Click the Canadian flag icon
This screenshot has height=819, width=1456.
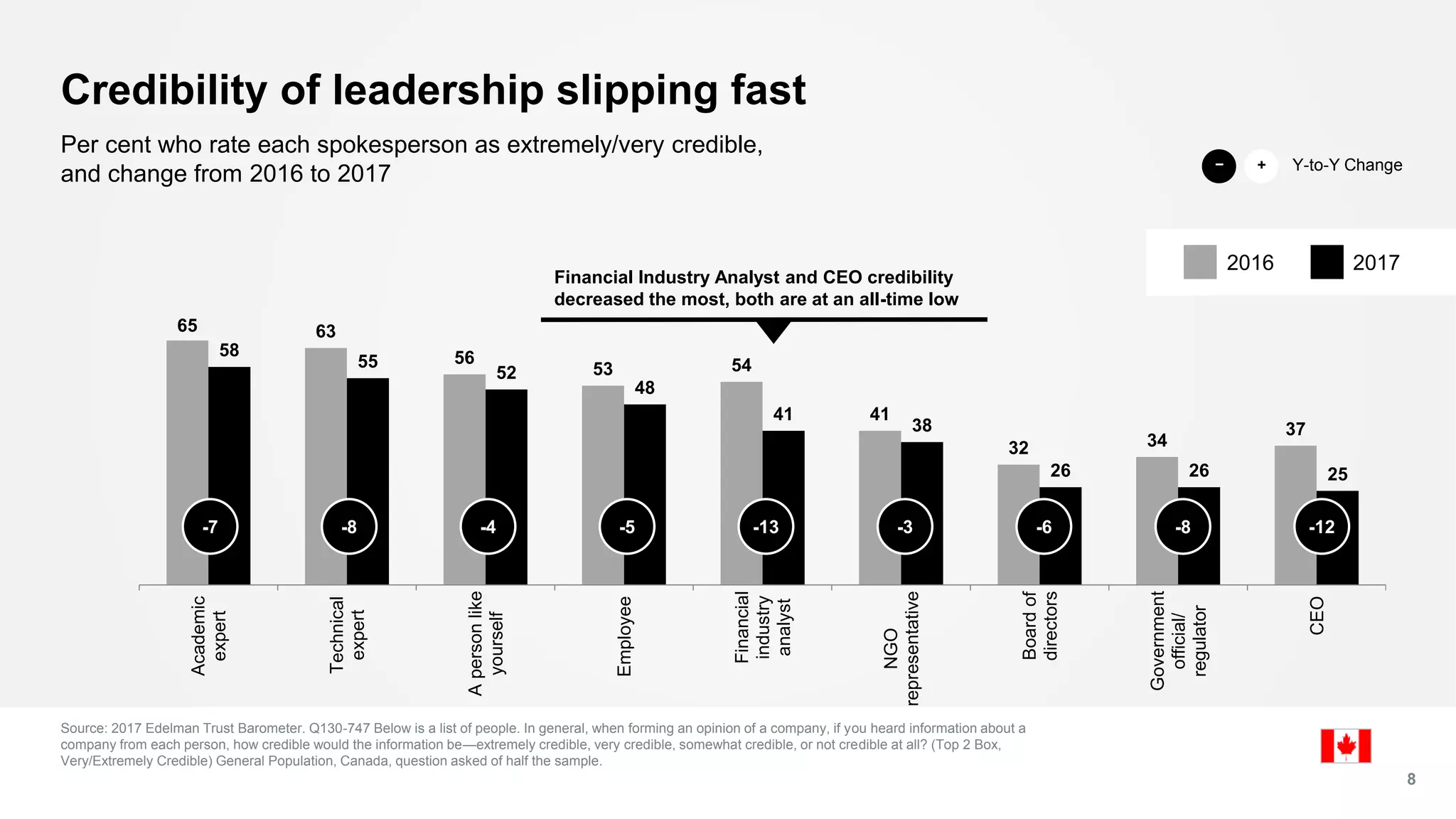(x=1345, y=746)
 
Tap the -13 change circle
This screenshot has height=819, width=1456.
(x=766, y=527)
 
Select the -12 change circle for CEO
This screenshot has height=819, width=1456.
(x=1322, y=527)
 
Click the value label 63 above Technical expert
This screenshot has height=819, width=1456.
(x=326, y=331)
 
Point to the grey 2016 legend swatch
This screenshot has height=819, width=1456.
(x=1199, y=262)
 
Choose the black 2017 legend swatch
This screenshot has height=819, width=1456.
(x=1326, y=262)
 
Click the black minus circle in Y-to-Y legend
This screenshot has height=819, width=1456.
(x=1219, y=166)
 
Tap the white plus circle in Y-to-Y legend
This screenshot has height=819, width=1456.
(x=1261, y=166)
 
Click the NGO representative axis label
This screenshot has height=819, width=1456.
(x=901, y=647)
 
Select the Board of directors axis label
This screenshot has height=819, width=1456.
(x=1040, y=626)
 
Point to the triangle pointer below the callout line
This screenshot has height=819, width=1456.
(x=773, y=331)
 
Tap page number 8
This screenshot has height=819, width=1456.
(x=1411, y=779)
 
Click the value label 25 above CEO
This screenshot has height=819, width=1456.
(x=1337, y=474)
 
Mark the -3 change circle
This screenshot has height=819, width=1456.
(x=904, y=527)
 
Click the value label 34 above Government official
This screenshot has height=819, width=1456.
(x=1157, y=441)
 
